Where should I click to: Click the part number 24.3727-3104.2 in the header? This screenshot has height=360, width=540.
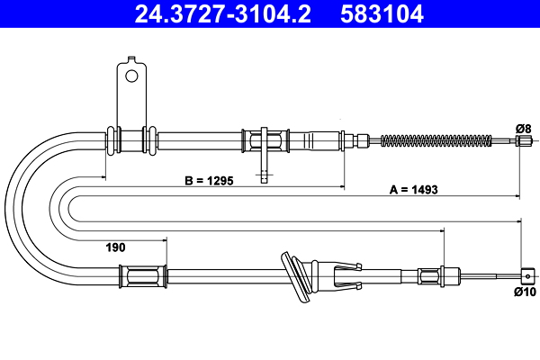[x=222, y=13]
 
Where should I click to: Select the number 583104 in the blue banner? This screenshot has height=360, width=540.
[x=382, y=13]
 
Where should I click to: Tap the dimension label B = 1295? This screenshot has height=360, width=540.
[x=209, y=181]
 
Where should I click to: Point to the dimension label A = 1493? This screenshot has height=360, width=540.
[x=414, y=190]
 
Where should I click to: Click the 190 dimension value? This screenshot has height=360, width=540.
[x=115, y=247]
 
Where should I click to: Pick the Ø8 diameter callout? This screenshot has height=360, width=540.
[x=524, y=129]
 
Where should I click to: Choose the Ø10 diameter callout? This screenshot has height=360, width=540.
[x=526, y=292]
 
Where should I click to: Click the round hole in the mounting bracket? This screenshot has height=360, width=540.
[x=131, y=76]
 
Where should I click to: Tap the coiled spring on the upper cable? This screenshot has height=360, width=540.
[x=436, y=140]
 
